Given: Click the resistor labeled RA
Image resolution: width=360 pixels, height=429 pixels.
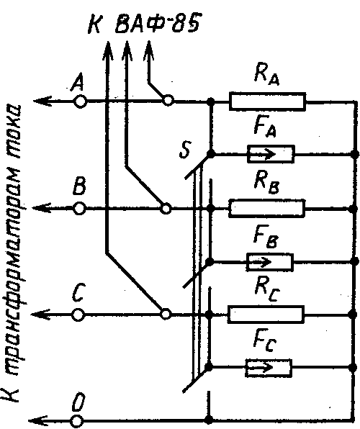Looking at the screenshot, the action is pyautogui.click(x=267, y=101).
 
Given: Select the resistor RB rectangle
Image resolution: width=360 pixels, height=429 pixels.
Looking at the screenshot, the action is pyautogui.click(x=267, y=209).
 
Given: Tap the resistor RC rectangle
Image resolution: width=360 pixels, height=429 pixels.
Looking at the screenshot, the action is pyautogui.click(x=266, y=315).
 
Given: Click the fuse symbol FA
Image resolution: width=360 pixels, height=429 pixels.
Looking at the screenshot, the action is pyautogui.click(x=271, y=154).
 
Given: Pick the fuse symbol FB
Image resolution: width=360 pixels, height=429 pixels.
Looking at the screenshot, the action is pyautogui.click(x=270, y=262).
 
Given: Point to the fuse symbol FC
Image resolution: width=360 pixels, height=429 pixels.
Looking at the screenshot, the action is pyautogui.click(x=269, y=368).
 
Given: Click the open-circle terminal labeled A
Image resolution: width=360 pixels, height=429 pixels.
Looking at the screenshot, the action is pyautogui.click(x=80, y=101).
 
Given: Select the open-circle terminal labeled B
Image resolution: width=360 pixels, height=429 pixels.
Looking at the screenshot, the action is pyautogui.click(x=79, y=209).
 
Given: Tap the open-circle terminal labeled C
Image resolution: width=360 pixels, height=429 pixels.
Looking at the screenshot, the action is pyautogui.click(x=78, y=315).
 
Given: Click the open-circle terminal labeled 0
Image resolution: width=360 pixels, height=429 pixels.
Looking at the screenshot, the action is pyautogui.click(x=77, y=421).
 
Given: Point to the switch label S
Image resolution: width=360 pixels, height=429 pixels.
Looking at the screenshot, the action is pyautogui.click(x=185, y=150).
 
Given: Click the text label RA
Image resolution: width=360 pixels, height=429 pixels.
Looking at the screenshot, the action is pyautogui.click(x=266, y=74).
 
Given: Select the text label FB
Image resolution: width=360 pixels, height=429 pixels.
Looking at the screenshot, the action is pyautogui.click(x=266, y=238).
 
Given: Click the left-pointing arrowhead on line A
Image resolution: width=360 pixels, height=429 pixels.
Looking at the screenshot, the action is pyautogui.click(x=42, y=101).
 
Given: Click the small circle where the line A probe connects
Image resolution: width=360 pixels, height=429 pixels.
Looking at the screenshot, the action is pyautogui.click(x=168, y=101).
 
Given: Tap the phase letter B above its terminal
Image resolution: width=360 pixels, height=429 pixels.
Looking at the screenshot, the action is pyautogui.click(x=79, y=186).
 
